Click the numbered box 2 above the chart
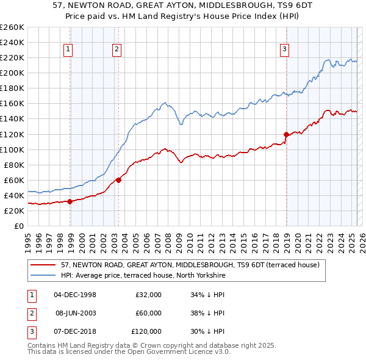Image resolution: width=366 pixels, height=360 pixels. click(x=116, y=50)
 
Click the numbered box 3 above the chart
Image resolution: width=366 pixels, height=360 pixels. click(x=284, y=50)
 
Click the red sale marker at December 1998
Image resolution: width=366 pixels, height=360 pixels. click(x=70, y=201)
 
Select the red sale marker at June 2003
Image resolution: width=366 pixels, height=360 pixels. click(x=118, y=180)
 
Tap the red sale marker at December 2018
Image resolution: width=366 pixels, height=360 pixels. click(x=286, y=134)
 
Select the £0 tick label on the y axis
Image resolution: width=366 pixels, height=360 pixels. click(x=18, y=226)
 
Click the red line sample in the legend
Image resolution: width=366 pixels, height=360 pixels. click(x=44, y=265)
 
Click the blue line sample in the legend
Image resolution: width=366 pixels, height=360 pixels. click(x=44, y=275)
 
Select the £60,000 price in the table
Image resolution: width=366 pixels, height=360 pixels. click(x=149, y=313)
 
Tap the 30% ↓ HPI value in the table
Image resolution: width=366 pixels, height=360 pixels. click(x=208, y=331)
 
